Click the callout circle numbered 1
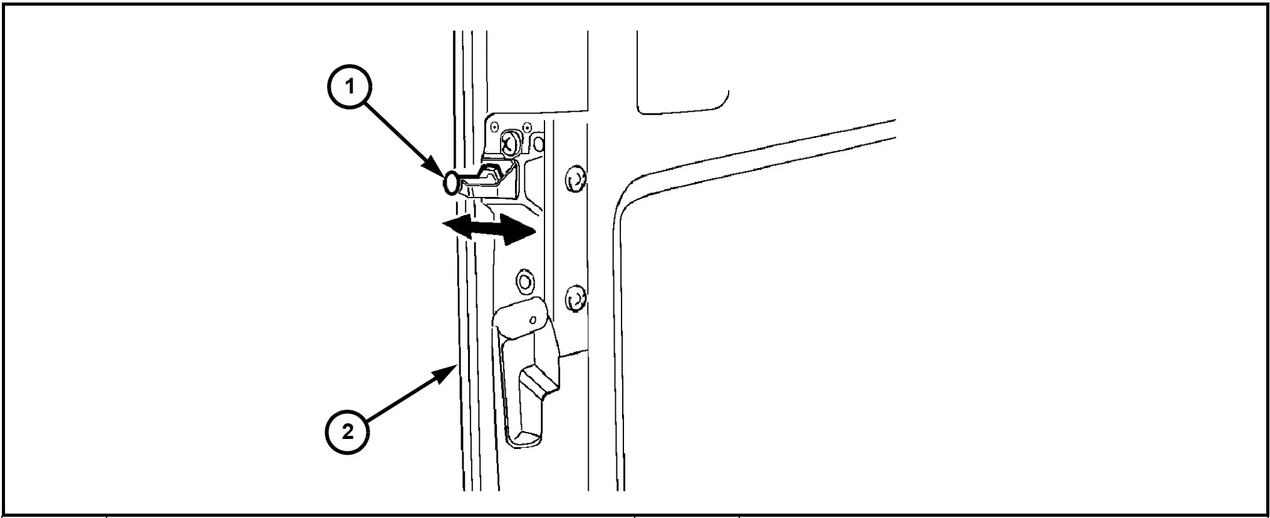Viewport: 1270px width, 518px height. click(350, 87)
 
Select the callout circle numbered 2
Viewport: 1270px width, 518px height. click(347, 431)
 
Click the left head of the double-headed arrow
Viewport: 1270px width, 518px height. click(454, 227)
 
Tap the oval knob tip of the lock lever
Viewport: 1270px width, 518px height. click(451, 183)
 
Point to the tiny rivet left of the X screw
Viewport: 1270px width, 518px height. click(495, 127)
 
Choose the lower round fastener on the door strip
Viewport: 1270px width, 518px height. click(575, 299)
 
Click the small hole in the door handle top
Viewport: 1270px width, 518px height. click(532, 321)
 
